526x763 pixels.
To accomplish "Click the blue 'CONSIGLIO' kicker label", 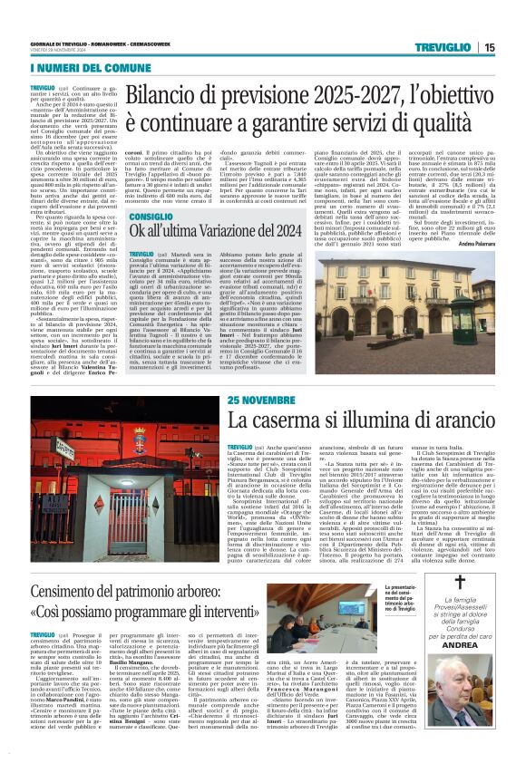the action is click(x=151, y=218).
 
